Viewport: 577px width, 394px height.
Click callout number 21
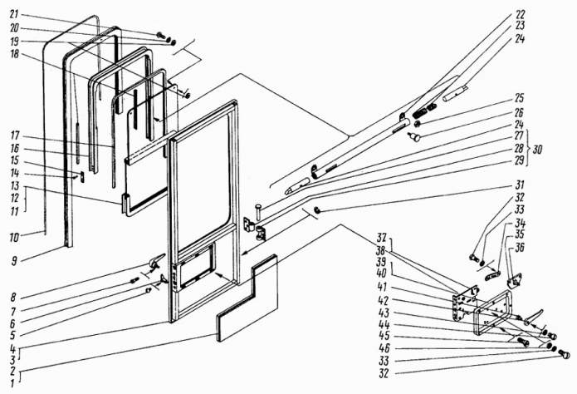pos(14,14)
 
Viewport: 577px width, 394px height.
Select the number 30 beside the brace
pos(537,150)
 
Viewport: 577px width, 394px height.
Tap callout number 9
pos(14,261)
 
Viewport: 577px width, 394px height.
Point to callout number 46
pos(384,348)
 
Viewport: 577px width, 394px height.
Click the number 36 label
pos(519,248)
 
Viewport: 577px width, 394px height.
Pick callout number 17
pos(15,136)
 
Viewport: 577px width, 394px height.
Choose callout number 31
pos(520,185)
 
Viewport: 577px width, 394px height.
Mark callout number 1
pos(13,383)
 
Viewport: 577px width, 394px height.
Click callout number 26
pos(519,112)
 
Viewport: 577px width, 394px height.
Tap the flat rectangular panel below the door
pos(247,298)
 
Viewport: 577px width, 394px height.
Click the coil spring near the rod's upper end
pos(418,110)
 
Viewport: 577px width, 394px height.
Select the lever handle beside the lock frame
pos(533,317)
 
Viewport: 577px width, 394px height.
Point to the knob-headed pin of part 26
pos(415,137)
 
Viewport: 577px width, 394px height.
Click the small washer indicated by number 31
pos(316,211)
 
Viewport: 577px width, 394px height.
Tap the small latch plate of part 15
pos(82,177)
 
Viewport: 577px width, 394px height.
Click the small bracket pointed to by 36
pos(515,281)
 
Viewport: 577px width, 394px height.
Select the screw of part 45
pos(523,342)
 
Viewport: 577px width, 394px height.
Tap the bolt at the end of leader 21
pos(161,36)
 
